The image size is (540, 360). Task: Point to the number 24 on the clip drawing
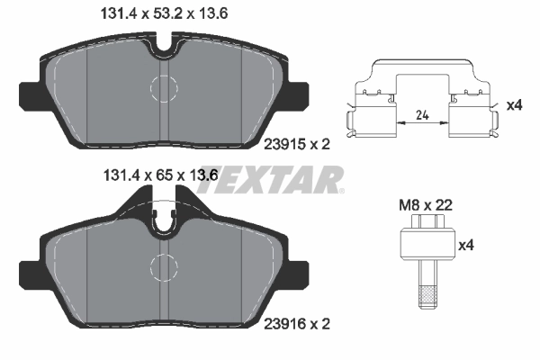click(419, 114)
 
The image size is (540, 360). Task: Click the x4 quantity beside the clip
click(514, 105)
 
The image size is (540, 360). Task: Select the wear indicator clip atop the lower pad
click(165, 220)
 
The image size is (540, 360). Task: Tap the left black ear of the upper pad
click(29, 94)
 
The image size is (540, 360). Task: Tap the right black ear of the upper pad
click(301, 94)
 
